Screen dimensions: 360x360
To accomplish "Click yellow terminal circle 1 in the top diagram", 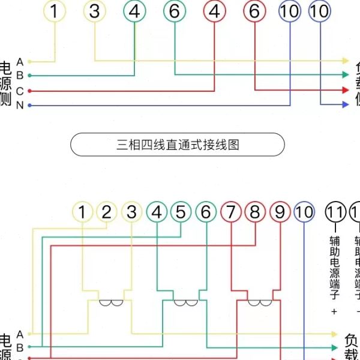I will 55,11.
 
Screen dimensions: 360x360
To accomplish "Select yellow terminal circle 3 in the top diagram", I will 95,11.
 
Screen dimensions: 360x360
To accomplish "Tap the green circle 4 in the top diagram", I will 135,11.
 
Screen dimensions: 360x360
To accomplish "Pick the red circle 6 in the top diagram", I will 254,11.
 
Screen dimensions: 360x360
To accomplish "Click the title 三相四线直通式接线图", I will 178,145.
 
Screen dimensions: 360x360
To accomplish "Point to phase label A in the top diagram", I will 20,61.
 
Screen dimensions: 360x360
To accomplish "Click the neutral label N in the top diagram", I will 20,106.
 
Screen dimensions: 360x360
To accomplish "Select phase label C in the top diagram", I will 20,91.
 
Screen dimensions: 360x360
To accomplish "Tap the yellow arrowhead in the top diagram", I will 345,61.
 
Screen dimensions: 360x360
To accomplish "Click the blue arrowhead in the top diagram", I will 345,104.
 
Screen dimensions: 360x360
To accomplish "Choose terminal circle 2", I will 107,212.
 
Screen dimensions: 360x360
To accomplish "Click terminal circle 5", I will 181,212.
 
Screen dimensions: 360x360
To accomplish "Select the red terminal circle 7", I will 230,212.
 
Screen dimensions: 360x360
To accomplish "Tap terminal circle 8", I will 255,212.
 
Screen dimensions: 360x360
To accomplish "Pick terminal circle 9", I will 280,212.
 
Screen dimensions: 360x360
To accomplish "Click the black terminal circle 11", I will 335,212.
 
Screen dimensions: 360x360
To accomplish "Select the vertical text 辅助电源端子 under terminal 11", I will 335,267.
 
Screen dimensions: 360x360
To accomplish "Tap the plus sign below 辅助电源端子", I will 335,312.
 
